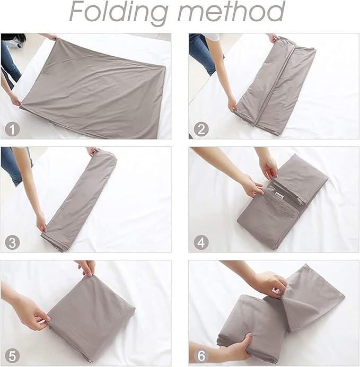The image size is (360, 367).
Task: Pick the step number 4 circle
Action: [200, 243]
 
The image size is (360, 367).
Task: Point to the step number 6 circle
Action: [200, 356]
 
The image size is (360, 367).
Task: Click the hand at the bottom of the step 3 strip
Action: [41, 222]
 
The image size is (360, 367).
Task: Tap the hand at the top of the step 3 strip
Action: [93, 151]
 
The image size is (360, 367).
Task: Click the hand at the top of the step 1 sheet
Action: [51, 37]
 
